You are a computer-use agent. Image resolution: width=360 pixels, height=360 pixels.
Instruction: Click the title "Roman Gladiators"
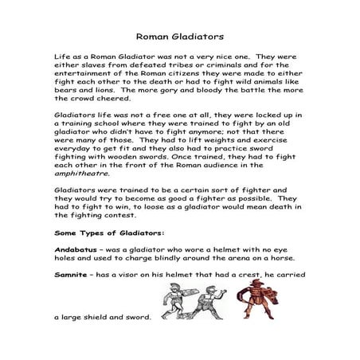click(179, 36)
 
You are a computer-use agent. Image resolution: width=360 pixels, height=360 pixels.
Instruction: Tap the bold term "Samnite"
click(72, 274)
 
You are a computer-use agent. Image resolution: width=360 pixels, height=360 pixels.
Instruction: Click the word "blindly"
click(158, 258)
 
